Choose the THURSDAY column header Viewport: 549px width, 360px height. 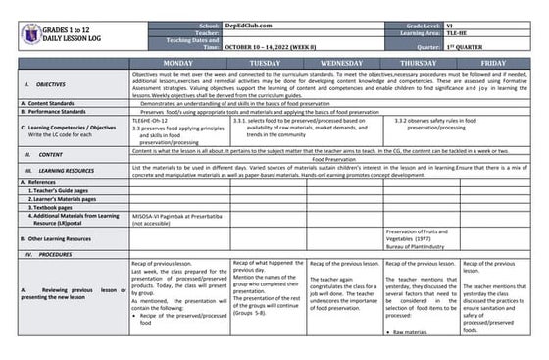click(420, 61)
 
